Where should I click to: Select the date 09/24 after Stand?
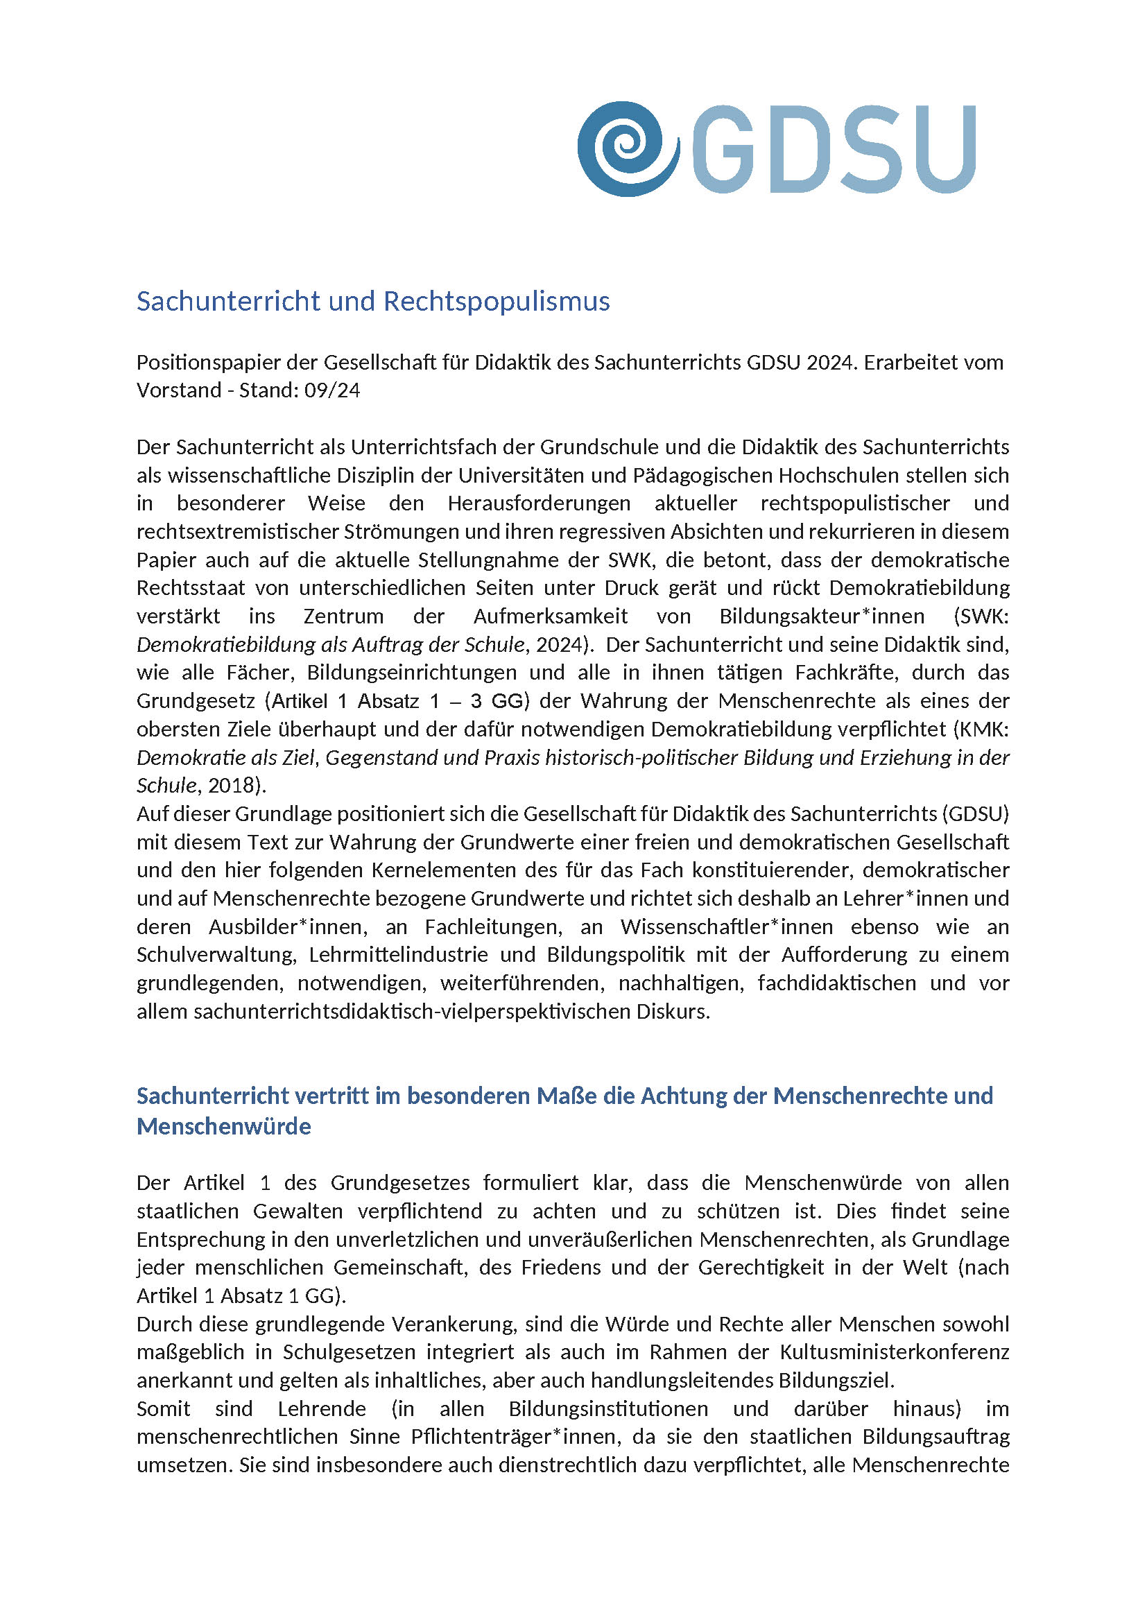click(332, 390)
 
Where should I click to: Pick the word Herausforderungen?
click(539, 503)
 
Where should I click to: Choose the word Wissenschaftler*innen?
click(727, 927)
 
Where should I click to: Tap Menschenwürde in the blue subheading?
click(224, 1126)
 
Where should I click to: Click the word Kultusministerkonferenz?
click(894, 1352)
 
